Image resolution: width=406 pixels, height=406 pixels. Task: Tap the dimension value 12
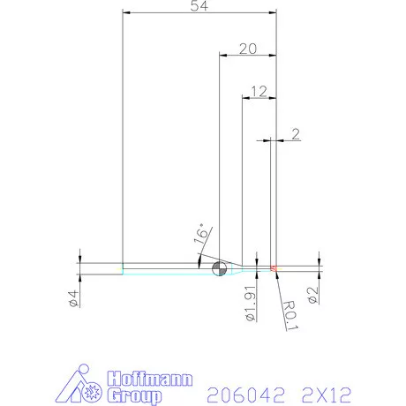coord(259,91)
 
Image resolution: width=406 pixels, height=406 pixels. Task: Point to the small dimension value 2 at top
coord(295,134)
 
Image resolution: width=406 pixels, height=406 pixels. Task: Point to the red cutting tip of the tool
coord(274,267)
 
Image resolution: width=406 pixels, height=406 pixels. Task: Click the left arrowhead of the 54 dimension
coord(126,13)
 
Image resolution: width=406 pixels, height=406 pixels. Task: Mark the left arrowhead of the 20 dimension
coord(222,56)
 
